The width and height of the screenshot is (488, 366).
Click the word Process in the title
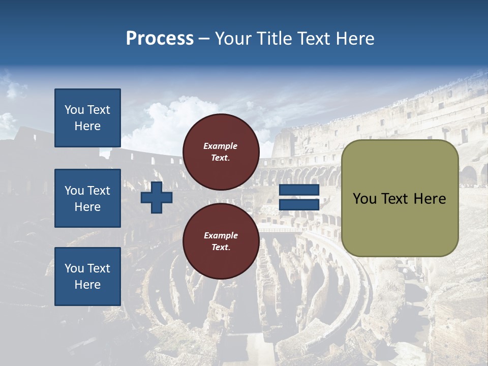160,39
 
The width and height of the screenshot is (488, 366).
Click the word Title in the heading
273,39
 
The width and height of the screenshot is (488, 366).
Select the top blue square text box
87,118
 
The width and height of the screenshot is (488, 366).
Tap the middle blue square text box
87,198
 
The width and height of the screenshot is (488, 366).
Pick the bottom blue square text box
87,277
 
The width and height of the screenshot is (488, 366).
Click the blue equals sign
299,198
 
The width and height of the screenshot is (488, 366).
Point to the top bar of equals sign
299,190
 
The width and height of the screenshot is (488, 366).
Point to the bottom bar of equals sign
299,205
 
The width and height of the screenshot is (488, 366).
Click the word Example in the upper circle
220,146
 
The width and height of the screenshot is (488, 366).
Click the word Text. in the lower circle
220,248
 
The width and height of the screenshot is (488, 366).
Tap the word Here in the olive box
430,199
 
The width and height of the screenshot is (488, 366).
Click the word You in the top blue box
74,110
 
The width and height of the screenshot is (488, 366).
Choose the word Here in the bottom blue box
87,285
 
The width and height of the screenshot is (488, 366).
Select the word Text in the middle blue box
98,191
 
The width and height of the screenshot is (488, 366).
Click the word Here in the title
355,39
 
